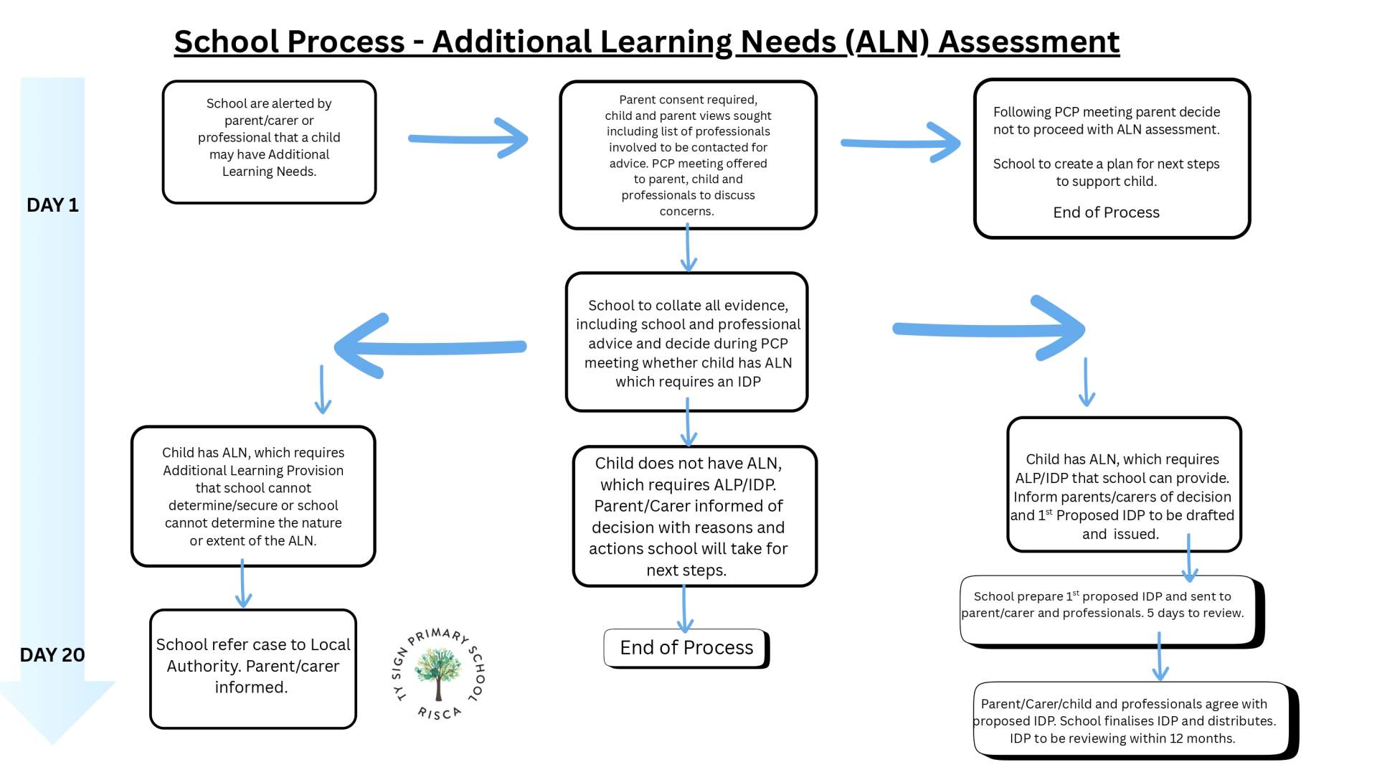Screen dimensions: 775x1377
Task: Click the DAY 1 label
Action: (x=52, y=205)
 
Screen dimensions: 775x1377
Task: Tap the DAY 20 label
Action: (x=52, y=654)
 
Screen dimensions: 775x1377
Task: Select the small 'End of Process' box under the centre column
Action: (x=686, y=648)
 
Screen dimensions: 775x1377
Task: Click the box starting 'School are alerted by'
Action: (x=269, y=141)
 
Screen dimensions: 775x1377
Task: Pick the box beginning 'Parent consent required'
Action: (x=688, y=155)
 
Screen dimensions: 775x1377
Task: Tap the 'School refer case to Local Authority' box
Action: (x=253, y=668)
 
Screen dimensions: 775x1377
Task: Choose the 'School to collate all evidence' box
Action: (x=687, y=342)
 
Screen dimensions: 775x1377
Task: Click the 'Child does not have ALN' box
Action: (x=694, y=516)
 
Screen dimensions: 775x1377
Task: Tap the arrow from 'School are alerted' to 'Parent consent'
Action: (x=469, y=138)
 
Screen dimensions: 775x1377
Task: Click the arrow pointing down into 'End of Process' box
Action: (x=685, y=609)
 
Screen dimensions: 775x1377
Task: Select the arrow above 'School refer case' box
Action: (x=243, y=584)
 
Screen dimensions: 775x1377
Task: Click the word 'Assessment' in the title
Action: (x=1028, y=42)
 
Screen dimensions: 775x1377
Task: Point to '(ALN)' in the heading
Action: (x=887, y=42)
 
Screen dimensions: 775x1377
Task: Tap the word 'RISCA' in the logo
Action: (x=439, y=713)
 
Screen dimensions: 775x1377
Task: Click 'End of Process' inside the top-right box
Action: (x=1106, y=212)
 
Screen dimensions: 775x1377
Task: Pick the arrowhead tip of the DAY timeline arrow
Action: (x=52, y=743)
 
